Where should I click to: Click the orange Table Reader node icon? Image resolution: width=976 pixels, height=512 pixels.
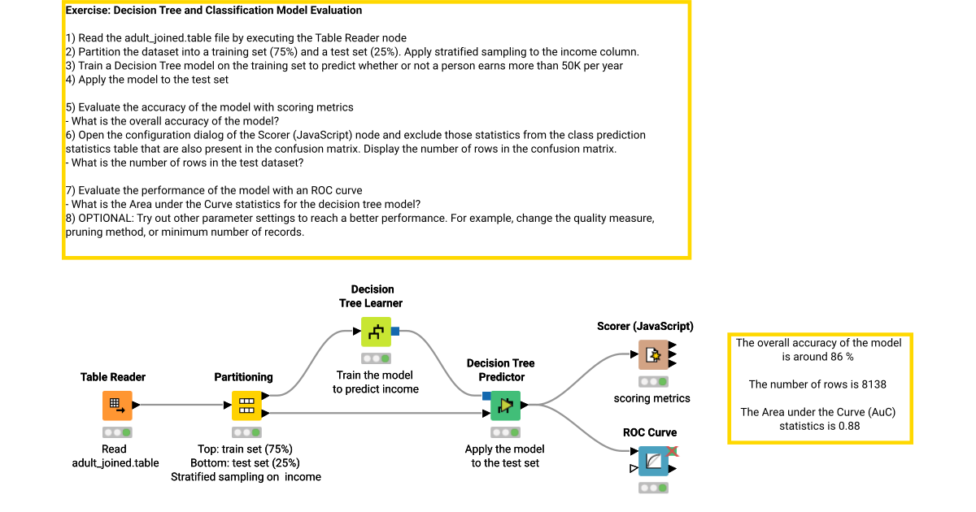117,405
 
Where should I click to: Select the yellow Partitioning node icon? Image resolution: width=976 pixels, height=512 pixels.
246,405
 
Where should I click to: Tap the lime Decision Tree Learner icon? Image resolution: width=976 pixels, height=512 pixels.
376,332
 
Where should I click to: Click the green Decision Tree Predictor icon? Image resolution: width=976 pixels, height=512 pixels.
505,405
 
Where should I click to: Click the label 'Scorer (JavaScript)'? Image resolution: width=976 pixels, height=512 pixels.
645,326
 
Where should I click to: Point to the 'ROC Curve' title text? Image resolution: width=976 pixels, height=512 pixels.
650,432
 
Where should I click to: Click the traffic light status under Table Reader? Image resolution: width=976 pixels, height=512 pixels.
117,432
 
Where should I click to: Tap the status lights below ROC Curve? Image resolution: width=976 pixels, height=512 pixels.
653,488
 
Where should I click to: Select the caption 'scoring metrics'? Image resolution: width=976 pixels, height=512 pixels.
651,398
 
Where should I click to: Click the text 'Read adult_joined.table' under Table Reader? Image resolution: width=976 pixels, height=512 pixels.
115,456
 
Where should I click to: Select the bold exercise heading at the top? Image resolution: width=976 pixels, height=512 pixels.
214,11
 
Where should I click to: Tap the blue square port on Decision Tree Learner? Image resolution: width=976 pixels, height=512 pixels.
395,331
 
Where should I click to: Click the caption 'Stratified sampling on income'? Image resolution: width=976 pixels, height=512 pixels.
246,477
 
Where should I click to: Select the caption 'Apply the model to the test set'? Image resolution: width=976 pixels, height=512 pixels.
504,456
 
